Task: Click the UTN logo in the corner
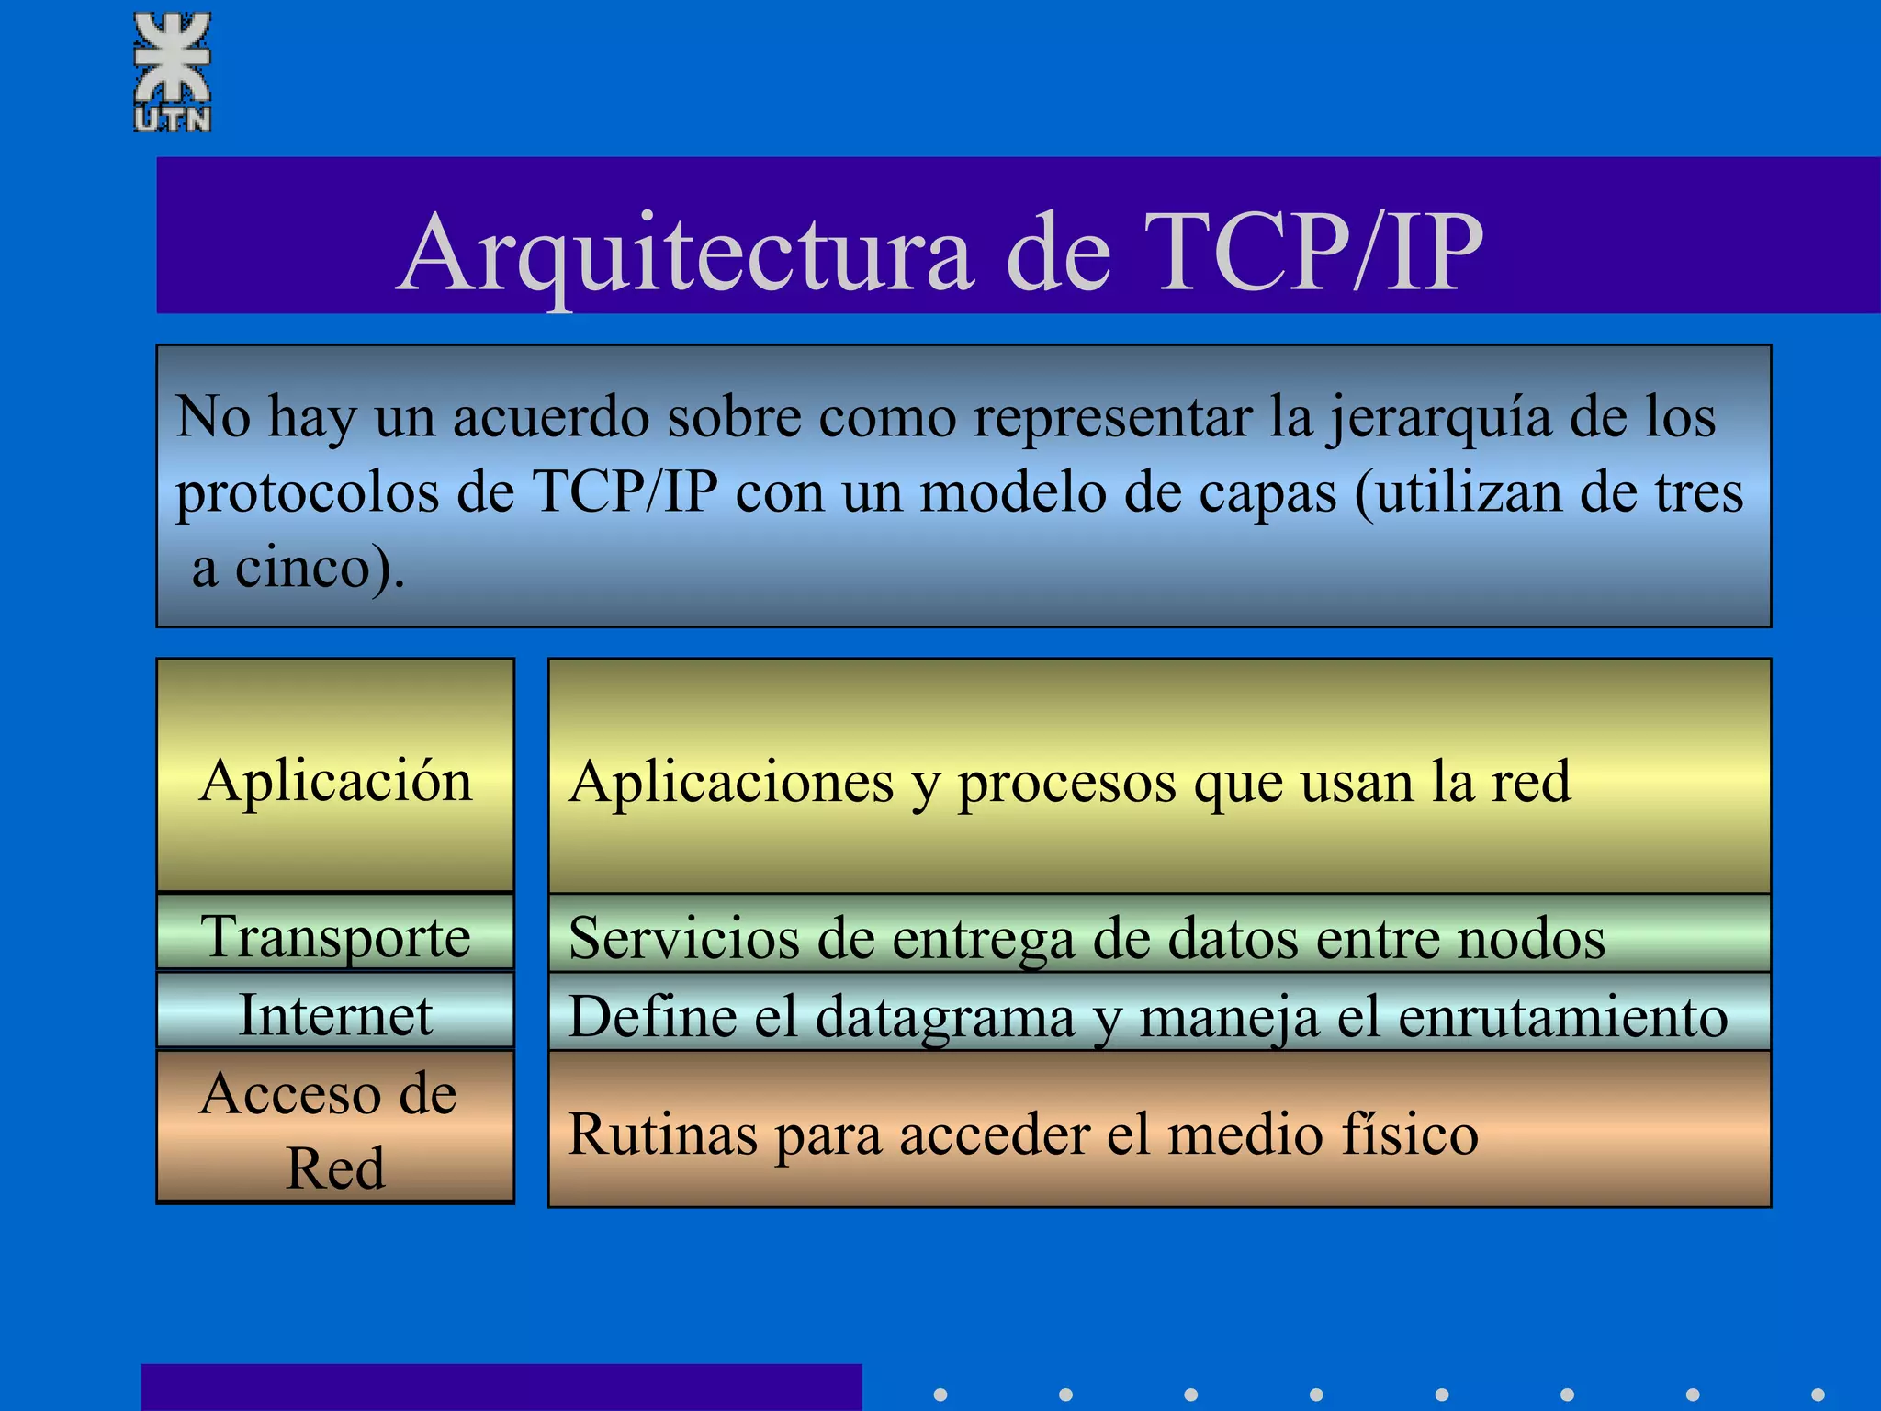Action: pyautogui.click(x=173, y=72)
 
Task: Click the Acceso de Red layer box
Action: pyautogui.click(x=335, y=1127)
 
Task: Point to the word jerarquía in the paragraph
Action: pyautogui.click(x=1437, y=418)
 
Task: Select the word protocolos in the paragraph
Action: pyautogui.click(x=308, y=493)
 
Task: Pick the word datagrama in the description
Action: pyautogui.click(x=945, y=1018)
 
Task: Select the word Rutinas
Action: pyautogui.click(x=662, y=1134)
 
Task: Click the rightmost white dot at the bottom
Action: pyautogui.click(x=1818, y=1394)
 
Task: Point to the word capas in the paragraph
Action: pyautogui.click(x=1267, y=493)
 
